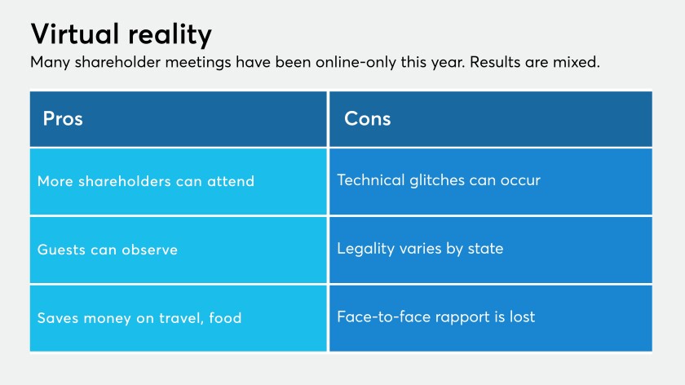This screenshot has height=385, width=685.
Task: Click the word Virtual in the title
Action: (75, 33)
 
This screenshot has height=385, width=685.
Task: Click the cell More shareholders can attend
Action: (179, 181)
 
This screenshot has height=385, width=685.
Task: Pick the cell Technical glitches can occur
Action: (491, 181)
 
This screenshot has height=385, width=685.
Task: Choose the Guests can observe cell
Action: (179, 250)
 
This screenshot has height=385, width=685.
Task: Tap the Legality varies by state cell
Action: (491, 250)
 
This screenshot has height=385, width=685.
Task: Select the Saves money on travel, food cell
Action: (179, 318)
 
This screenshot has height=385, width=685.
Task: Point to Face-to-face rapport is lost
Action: (491, 318)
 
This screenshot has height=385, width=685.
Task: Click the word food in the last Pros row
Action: (225, 317)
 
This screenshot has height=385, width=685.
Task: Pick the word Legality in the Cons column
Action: (366, 249)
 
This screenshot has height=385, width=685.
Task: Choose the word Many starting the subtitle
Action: (51, 63)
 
